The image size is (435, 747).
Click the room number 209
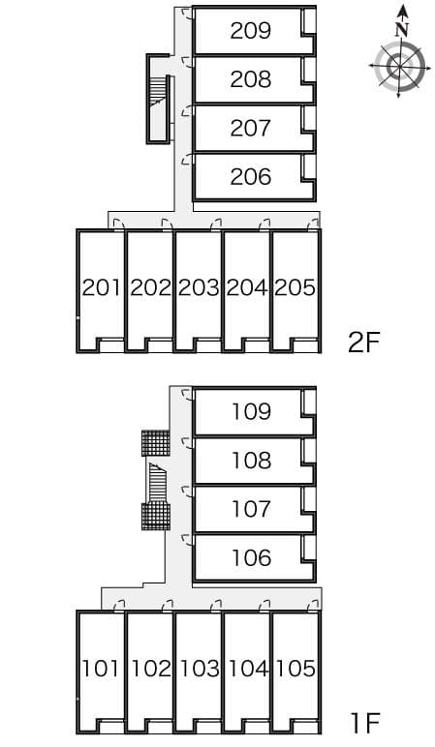(251, 31)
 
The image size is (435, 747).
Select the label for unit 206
(251, 177)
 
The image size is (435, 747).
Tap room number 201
(101, 287)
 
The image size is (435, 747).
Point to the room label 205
(295, 287)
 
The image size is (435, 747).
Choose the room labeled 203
(199, 287)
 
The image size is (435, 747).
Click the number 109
(251, 411)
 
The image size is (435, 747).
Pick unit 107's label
(251, 509)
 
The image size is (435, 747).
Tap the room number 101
(101, 669)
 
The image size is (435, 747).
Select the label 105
(295, 669)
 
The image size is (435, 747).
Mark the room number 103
(199, 669)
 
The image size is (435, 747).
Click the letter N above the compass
(401, 30)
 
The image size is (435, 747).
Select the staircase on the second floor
(156, 98)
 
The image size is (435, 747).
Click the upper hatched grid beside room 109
(155, 443)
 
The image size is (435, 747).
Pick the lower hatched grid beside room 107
(155, 516)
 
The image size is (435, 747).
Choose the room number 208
(251, 79)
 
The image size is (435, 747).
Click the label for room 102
(150, 669)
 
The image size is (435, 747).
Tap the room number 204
(247, 287)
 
